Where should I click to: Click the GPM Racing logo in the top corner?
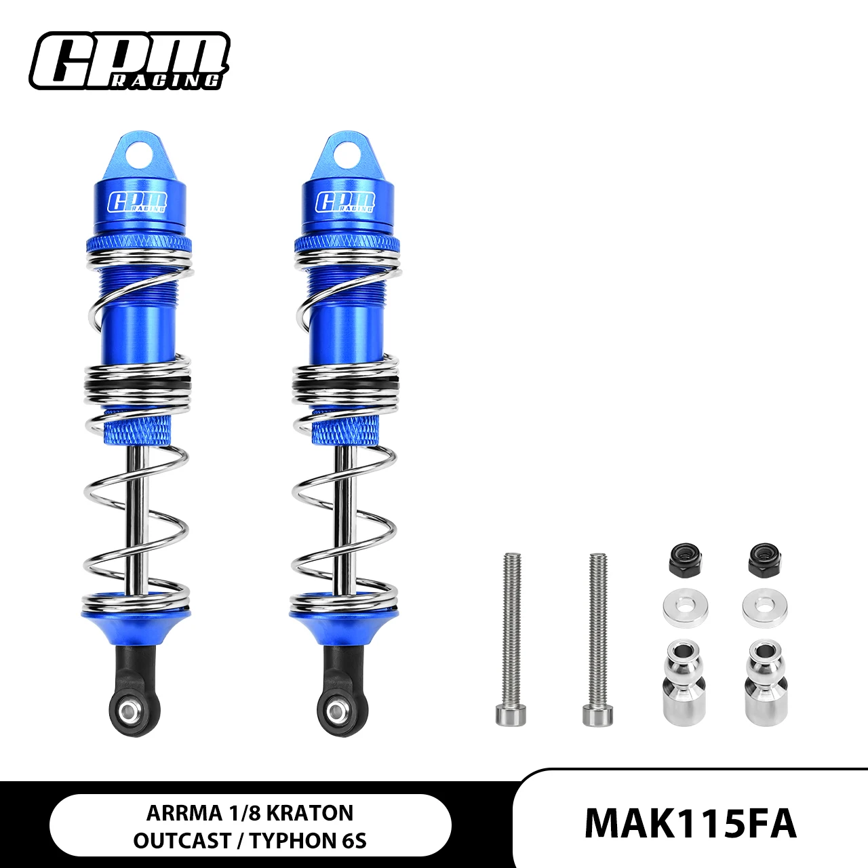tap(130, 60)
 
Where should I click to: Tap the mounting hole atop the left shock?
tap(138, 154)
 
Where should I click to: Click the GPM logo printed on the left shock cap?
tap(138, 202)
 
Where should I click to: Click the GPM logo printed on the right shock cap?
tap(345, 201)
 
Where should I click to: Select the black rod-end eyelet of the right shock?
tap(336, 713)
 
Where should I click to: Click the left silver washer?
tap(686, 608)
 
